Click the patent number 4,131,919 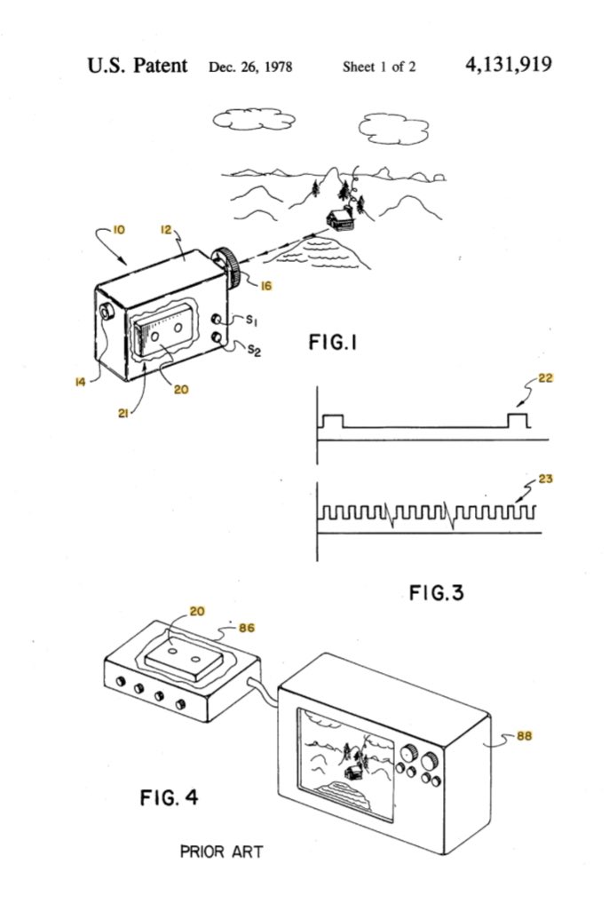(x=508, y=65)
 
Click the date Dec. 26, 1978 (x=250, y=67)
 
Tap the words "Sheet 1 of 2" (x=379, y=67)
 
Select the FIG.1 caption (x=333, y=342)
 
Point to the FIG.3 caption (x=436, y=592)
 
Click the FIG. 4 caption (x=169, y=797)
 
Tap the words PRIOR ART (x=222, y=851)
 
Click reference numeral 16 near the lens (x=265, y=286)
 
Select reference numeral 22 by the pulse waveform (x=545, y=378)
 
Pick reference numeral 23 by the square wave (x=545, y=479)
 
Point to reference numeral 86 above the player (x=246, y=628)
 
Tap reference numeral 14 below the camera (x=80, y=382)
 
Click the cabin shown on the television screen (x=352, y=772)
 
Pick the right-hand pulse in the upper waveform (x=518, y=420)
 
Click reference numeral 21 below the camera (x=123, y=413)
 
